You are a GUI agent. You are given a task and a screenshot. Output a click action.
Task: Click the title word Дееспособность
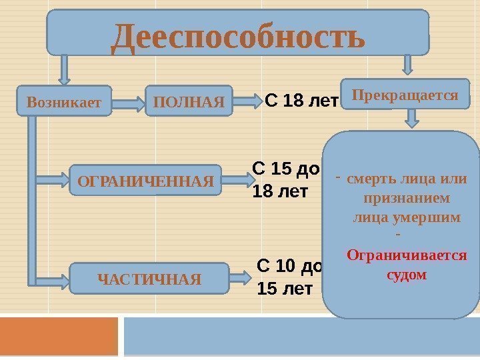click(238, 38)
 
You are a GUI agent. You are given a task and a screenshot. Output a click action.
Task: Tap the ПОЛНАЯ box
click(189, 103)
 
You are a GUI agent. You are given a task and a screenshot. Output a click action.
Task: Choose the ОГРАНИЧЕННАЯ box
click(145, 180)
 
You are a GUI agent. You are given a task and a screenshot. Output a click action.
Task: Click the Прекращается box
click(405, 95)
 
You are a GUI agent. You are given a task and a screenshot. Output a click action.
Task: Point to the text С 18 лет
click(302, 101)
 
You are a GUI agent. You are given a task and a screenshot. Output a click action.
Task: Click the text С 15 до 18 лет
click(287, 181)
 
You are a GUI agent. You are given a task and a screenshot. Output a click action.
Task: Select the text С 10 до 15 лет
click(289, 277)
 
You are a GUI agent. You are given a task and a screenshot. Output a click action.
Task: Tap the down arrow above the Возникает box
click(65, 68)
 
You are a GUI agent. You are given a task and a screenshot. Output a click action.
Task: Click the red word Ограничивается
click(407, 255)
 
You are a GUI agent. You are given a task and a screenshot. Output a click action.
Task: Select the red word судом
click(407, 274)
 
